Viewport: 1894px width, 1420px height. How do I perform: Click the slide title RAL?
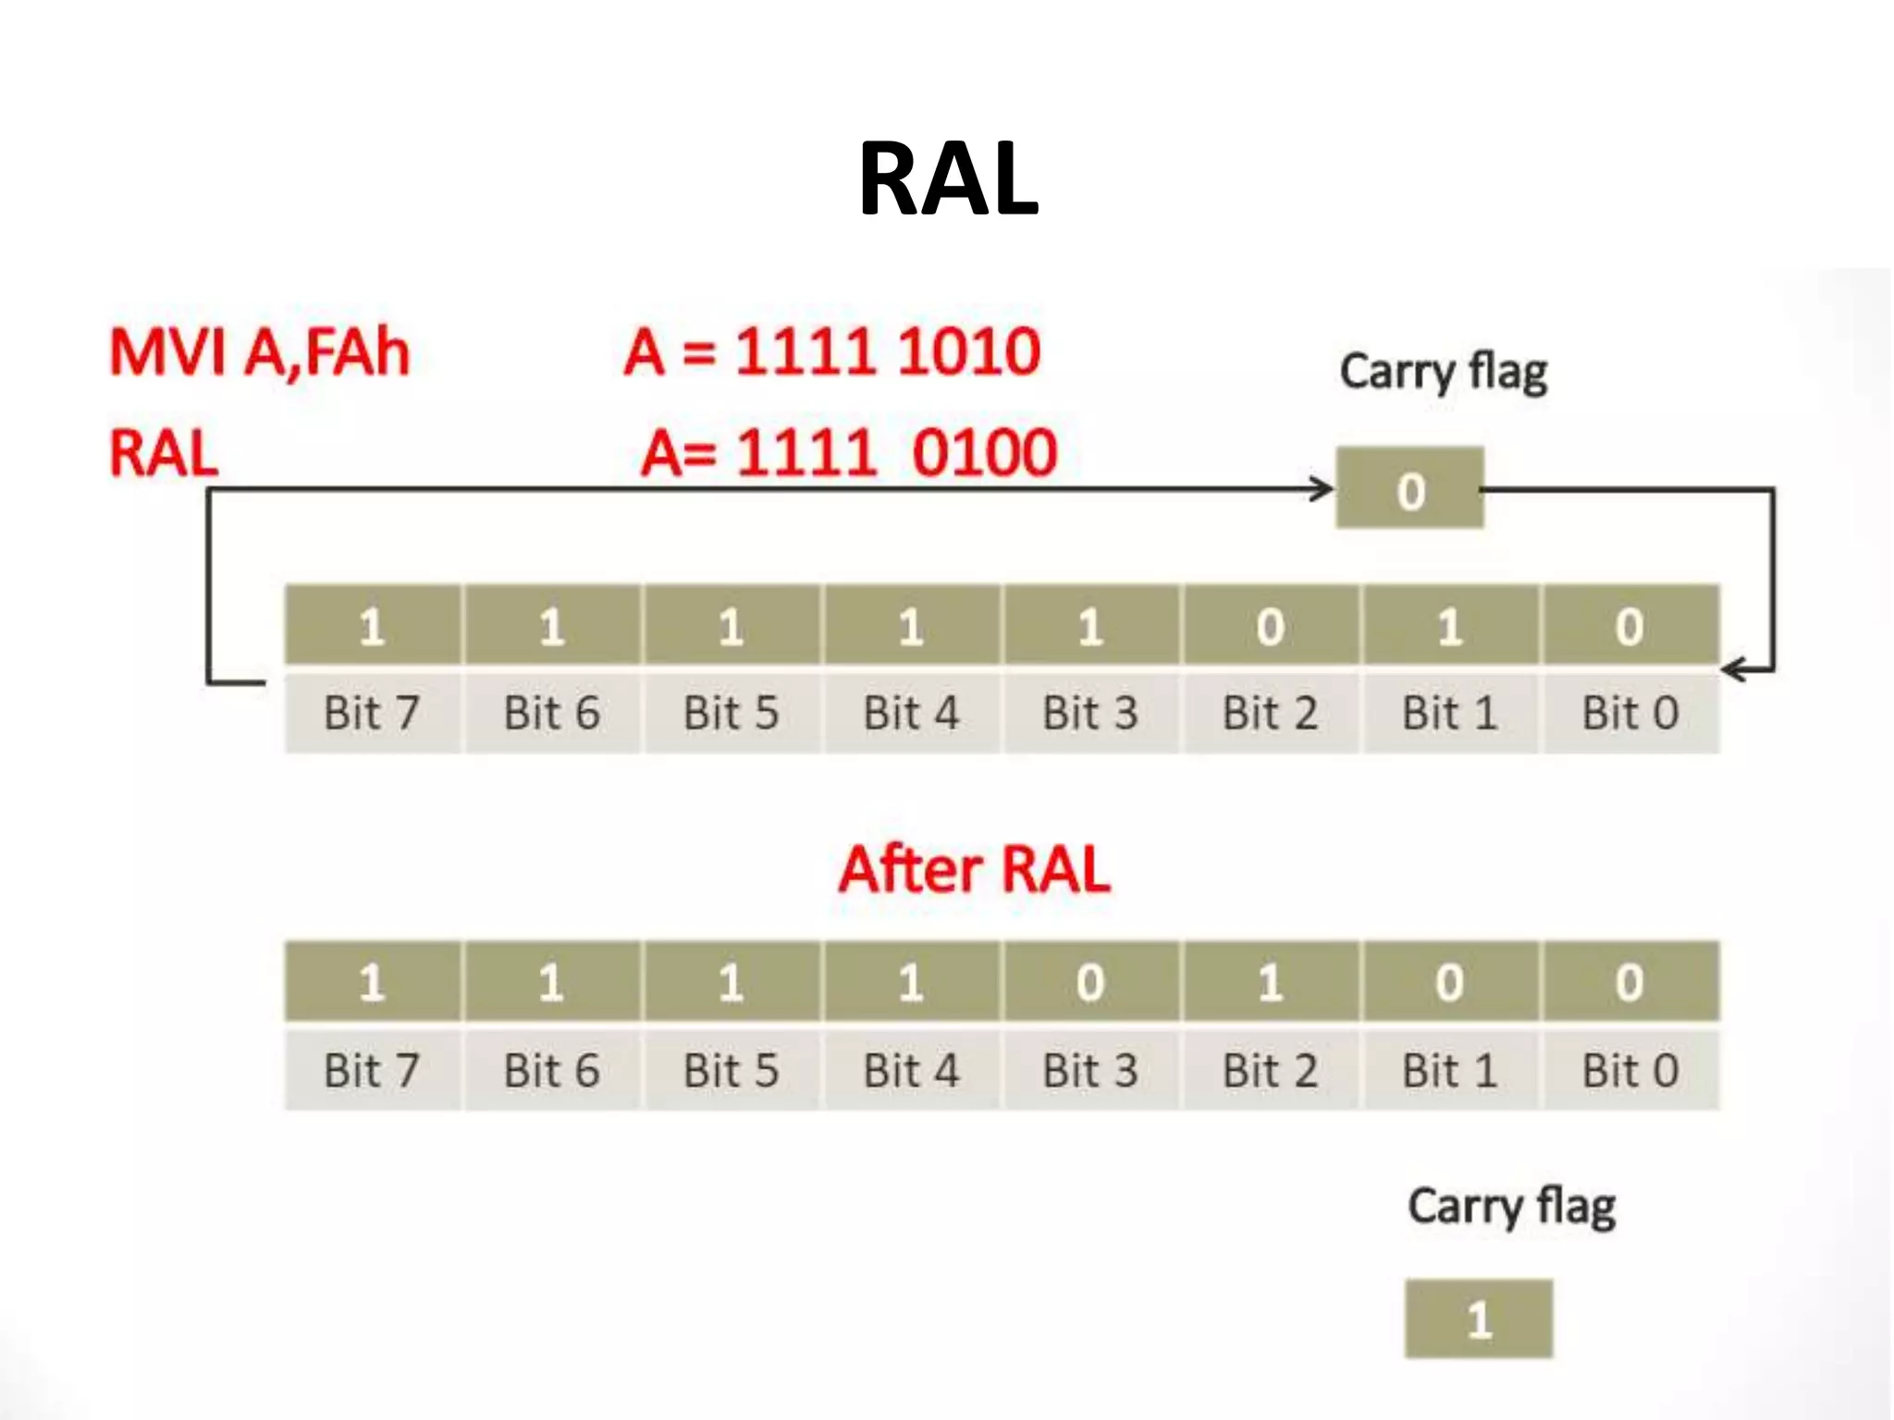[x=948, y=178]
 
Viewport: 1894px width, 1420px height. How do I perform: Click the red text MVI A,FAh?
[x=260, y=353]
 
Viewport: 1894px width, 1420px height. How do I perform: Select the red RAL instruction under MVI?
[x=164, y=454]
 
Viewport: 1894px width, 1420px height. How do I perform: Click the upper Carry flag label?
[x=1443, y=373]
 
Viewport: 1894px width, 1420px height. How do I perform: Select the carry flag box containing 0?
[x=1409, y=489]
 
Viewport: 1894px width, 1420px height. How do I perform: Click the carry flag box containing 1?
[x=1478, y=1319]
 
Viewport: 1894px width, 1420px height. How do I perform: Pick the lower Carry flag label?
[x=1511, y=1207]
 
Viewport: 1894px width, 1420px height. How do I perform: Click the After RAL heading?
[x=974, y=870]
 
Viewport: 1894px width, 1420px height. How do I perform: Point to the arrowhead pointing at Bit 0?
[x=1732, y=669]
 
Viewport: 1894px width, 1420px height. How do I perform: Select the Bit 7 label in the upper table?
[x=372, y=714]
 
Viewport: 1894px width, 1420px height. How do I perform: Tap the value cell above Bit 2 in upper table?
[x=1270, y=626]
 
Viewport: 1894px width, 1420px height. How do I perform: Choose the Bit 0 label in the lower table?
[x=1630, y=1071]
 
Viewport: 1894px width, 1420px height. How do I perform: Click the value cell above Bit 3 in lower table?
[x=1090, y=982]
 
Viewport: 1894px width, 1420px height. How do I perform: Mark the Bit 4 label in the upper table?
[x=911, y=714]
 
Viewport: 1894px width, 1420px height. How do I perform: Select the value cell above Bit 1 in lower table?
[x=1449, y=982]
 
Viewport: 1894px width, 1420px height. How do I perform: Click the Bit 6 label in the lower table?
[x=551, y=1071]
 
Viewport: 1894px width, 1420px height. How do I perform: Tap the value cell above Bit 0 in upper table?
[x=1630, y=626]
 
